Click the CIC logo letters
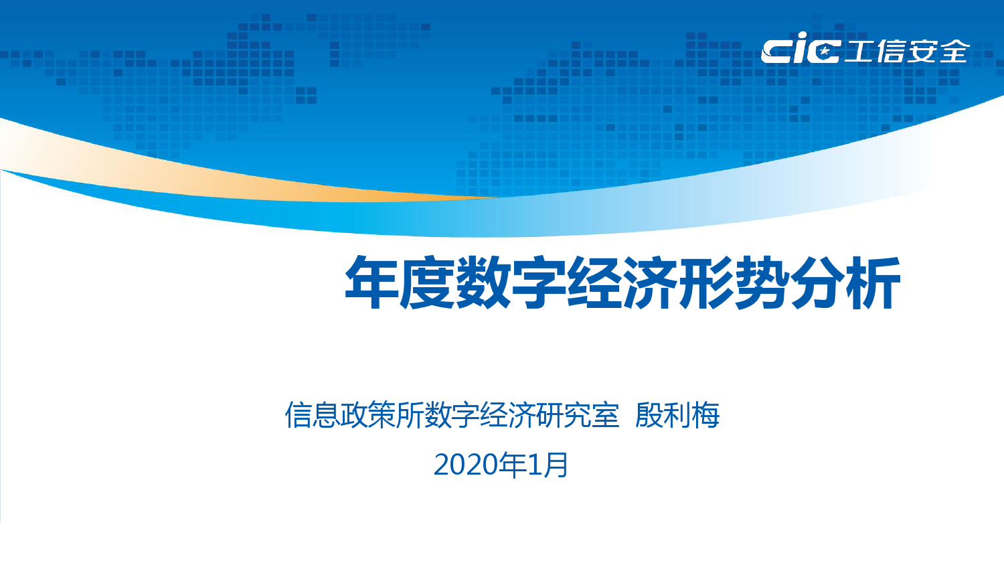click(800, 48)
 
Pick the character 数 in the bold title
click(483, 282)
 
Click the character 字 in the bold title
click(539, 282)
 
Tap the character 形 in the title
click(706, 282)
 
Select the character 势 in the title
click(762, 282)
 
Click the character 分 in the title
click(818, 282)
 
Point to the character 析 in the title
click(873, 282)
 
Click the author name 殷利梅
click(677, 415)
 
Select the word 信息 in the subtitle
click(313, 415)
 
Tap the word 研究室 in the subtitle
click(578, 415)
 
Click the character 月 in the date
click(556, 465)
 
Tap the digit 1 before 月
click(535, 465)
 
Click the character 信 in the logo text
click(891, 51)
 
